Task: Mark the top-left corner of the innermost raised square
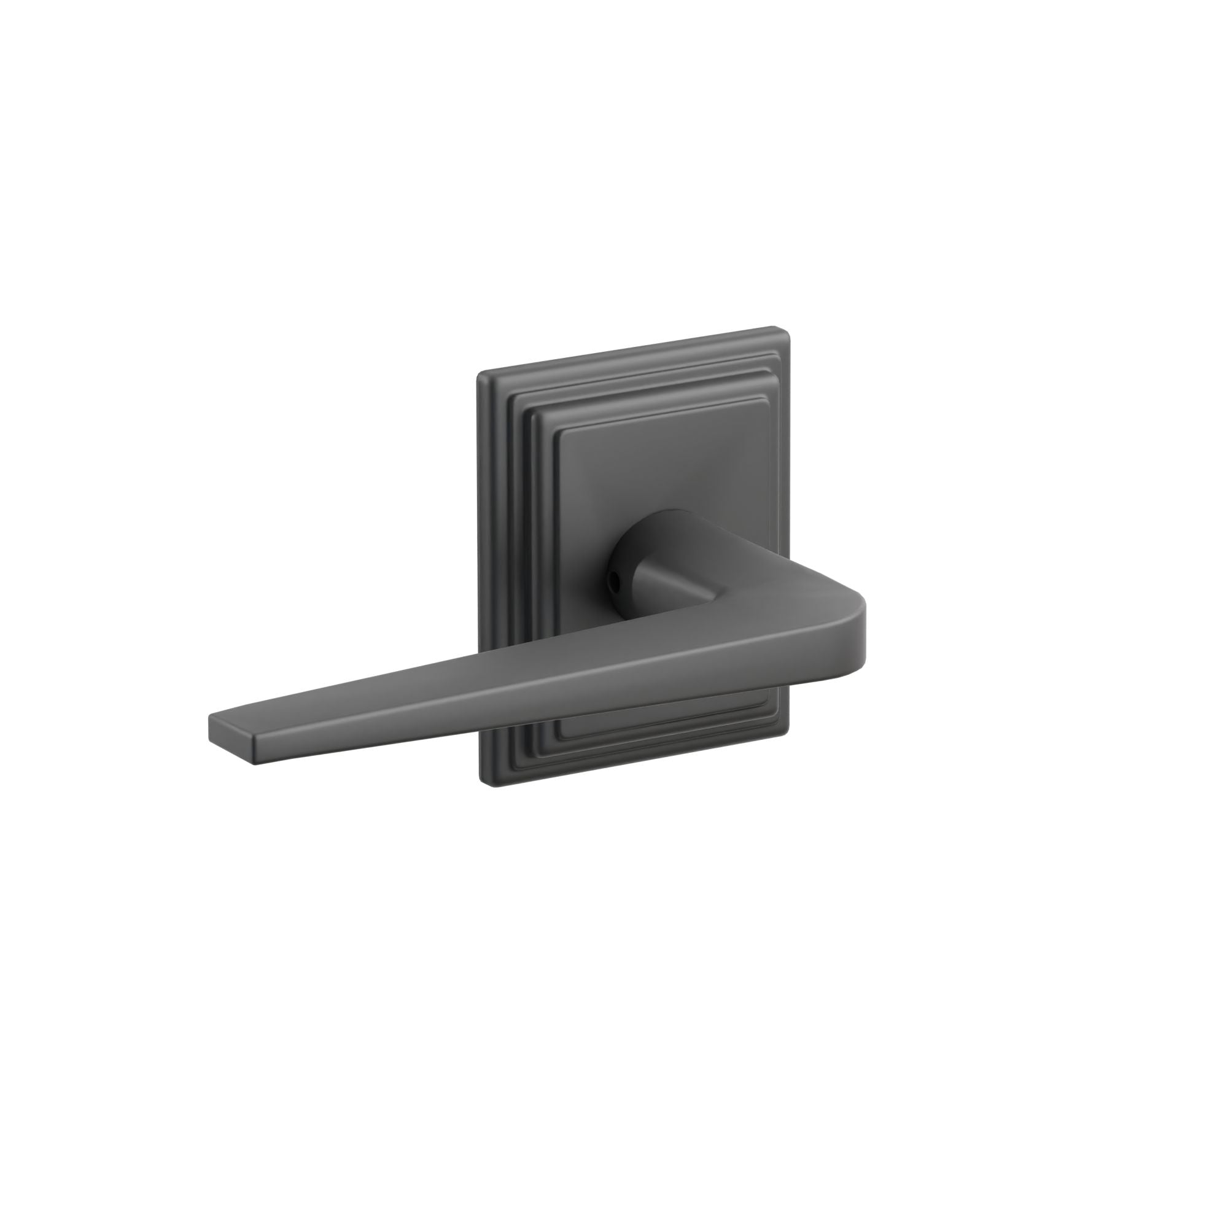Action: [x=558, y=432]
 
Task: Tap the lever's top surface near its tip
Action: [x=267, y=712]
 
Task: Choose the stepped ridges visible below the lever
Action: [x=635, y=740]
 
